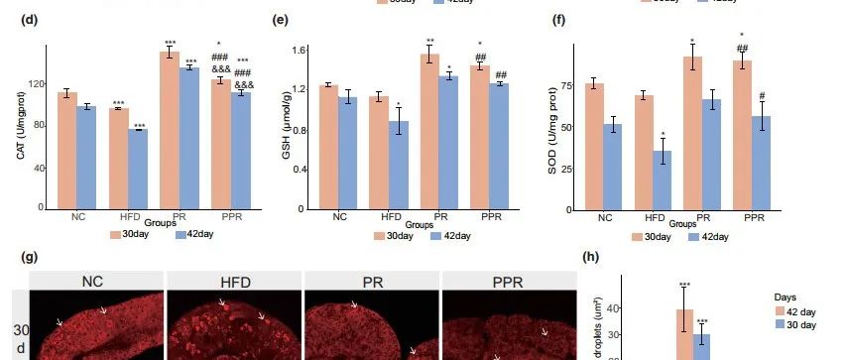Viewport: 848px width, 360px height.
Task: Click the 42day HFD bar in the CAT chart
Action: click(x=136, y=170)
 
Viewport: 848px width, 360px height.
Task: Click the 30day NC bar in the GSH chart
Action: click(x=329, y=148)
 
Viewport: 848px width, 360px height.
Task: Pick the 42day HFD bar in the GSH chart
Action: click(x=398, y=166)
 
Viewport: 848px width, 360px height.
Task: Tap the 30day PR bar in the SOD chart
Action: click(x=692, y=133)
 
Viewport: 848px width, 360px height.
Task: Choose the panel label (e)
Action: click(x=280, y=20)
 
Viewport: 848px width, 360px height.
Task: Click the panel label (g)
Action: click(x=30, y=256)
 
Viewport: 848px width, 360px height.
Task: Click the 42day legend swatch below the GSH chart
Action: click(x=437, y=236)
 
